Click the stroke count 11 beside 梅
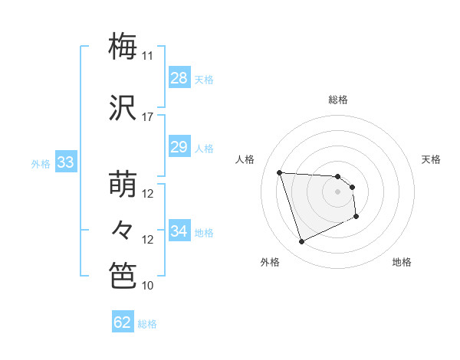point(148,56)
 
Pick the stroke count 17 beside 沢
point(148,117)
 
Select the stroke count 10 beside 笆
point(148,286)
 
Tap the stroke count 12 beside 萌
point(148,194)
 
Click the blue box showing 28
point(179,78)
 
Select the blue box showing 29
point(179,147)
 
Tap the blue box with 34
point(179,231)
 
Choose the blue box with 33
point(65,162)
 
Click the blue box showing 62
point(123,322)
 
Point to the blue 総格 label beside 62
point(147,324)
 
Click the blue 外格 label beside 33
point(41,164)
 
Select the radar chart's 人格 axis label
point(246,159)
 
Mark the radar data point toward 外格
point(301,242)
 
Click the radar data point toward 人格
point(279,172)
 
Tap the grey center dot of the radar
point(337,191)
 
